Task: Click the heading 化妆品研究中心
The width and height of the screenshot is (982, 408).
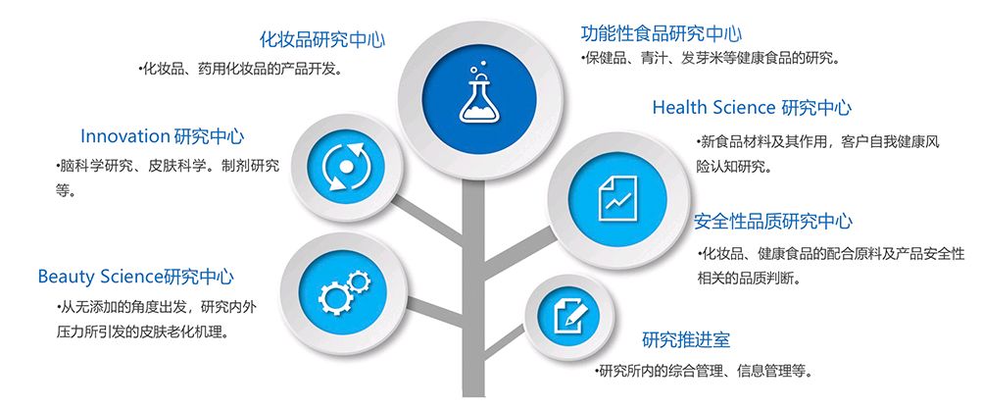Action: pyautogui.click(x=321, y=40)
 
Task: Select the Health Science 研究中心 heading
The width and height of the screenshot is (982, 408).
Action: pyautogui.click(x=752, y=107)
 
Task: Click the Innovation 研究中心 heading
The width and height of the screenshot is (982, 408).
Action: pyautogui.click(x=162, y=136)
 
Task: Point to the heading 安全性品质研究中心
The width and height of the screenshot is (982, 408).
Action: pyautogui.click(x=773, y=221)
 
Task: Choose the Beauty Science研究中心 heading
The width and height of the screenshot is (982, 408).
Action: pyautogui.click(x=136, y=277)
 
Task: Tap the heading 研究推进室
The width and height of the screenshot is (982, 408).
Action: pyautogui.click(x=686, y=340)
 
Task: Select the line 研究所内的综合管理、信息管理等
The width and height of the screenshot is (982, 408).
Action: pyautogui.click(x=704, y=371)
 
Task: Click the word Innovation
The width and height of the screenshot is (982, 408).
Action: pyautogui.click(x=125, y=136)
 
